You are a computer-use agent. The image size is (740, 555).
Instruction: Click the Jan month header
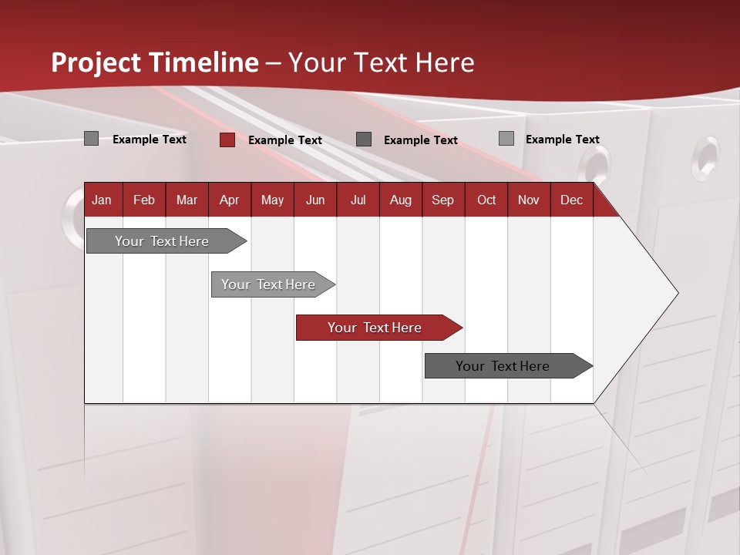pos(102,200)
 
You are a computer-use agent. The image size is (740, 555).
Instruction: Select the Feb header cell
pos(144,200)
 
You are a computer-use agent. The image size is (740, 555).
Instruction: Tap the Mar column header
pos(187,200)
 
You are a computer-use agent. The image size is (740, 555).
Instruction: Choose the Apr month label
pos(230,200)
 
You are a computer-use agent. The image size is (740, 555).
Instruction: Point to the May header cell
pos(272,200)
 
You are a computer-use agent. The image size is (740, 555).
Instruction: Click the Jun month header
pos(315,200)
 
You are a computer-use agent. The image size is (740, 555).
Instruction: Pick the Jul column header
pos(358,200)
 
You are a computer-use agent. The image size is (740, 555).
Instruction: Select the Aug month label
pos(401,200)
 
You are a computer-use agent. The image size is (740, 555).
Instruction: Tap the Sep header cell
pos(443,200)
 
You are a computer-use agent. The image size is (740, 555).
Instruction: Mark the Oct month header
pos(486,200)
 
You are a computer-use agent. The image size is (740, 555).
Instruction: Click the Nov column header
pos(529,200)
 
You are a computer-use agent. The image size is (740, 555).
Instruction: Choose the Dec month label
pos(572,200)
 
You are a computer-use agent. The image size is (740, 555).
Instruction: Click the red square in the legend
pos(227,140)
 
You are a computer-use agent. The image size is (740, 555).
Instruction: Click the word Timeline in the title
pos(203,62)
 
